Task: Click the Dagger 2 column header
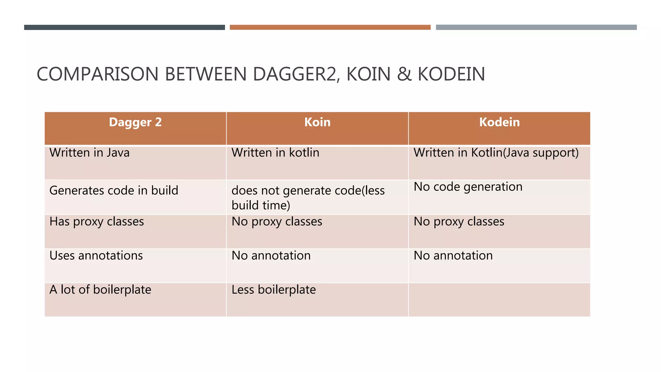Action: [x=135, y=122]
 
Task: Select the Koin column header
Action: [x=317, y=122]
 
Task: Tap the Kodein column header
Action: [x=499, y=122]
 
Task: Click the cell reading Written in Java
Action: [x=89, y=153]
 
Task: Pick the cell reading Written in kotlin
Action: [x=275, y=153]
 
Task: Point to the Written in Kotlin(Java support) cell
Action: [x=496, y=153]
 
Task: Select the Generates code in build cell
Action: [x=114, y=191]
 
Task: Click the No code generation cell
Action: [x=468, y=187]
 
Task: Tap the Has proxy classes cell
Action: [x=97, y=222]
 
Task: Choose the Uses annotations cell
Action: [x=96, y=256]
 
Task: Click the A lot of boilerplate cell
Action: [x=100, y=290]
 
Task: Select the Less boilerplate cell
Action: [x=274, y=290]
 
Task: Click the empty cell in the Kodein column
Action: [x=499, y=300]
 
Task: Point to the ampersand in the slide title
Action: [x=404, y=74]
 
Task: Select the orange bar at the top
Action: [x=330, y=27]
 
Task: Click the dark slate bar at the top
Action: [x=124, y=27]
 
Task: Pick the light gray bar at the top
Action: [x=536, y=27]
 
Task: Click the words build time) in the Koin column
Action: [x=261, y=205]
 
